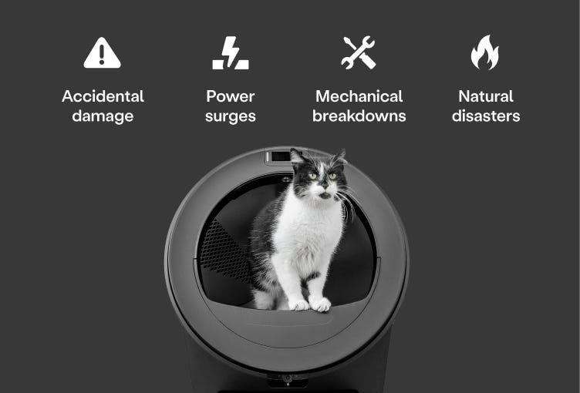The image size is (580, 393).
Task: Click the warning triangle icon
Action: [102, 53]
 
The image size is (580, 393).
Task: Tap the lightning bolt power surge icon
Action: [230, 53]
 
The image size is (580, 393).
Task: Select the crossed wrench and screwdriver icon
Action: [359, 53]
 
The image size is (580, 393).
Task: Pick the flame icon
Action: [485, 54]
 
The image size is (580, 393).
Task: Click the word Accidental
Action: [103, 96]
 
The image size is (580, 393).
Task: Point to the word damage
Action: [103, 116]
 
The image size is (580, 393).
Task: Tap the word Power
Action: [230, 96]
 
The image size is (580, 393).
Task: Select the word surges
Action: [230, 117]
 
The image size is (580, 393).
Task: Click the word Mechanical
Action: [359, 96]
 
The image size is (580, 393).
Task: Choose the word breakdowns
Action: [359, 116]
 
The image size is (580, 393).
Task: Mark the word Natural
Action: [485, 96]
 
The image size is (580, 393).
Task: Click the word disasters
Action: [485, 116]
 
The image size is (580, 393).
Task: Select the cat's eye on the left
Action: [312, 176]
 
